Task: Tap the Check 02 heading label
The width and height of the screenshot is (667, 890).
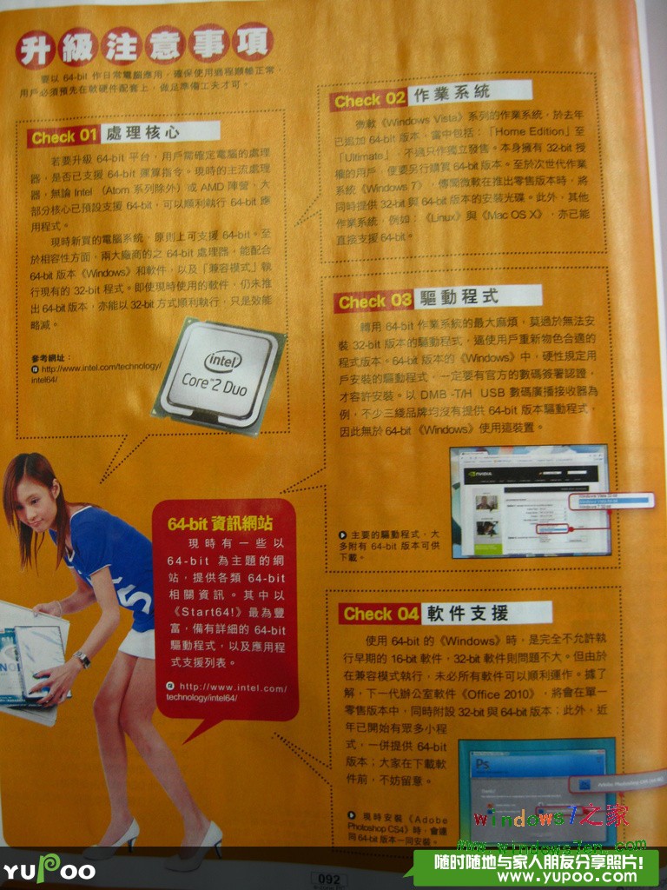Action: click(369, 100)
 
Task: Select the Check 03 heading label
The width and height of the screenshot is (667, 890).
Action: click(374, 302)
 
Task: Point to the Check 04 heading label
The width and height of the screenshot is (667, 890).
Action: click(380, 614)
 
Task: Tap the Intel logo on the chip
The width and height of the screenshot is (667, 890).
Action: click(222, 359)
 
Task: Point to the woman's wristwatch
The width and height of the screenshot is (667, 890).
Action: click(82, 658)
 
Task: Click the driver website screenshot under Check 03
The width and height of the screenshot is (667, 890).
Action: click(530, 501)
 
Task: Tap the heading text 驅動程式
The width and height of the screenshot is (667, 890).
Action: click(457, 296)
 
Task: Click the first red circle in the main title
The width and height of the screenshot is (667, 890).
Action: click(36, 48)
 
